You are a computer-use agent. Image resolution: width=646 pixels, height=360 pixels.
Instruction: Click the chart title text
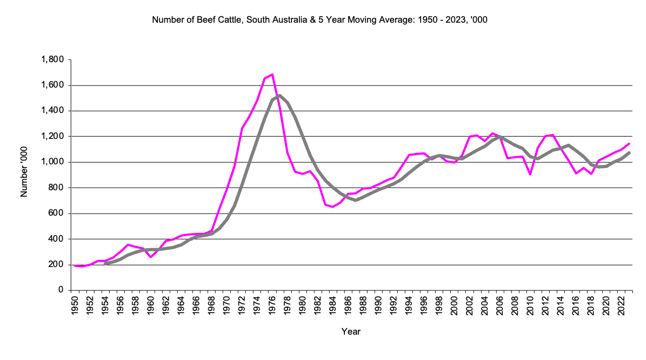pyautogui.click(x=323, y=21)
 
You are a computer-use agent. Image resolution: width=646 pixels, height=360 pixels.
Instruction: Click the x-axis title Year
pyautogui.click(x=351, y=331)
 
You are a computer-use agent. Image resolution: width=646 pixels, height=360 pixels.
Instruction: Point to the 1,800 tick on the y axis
pyautogui.click(x=52, y=59)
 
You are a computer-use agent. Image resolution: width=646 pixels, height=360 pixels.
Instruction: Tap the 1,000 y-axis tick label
pyautogui.click(x=52, y=162)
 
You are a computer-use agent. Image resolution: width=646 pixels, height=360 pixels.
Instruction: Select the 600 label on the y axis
pyautogui.click(x=56, y=214)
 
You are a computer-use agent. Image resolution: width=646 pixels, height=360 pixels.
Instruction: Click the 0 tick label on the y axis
pyautogui.click(x=61, y=290)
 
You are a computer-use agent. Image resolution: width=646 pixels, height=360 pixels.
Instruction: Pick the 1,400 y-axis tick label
pyautogui.click(x=52, y=111)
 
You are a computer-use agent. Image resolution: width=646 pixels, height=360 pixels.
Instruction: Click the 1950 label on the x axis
pyautogui.click(x=75, y=304)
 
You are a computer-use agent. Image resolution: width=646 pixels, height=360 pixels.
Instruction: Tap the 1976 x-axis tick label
pyautogui.click(x=272, y=304)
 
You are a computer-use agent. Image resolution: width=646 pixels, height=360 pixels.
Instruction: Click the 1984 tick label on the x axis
pyautogui.click(x=333, y=304)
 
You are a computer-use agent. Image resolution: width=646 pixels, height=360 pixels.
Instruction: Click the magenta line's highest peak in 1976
pyautogui.click(x=272, y=74)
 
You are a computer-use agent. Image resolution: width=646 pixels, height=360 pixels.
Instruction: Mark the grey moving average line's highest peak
pyautogui.click(x=279, y=96)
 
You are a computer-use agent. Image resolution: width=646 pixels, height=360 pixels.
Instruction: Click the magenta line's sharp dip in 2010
pyautogui.click(x=530, y=174)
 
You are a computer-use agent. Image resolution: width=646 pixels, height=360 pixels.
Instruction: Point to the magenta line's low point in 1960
pyautogui.click(x=151, y=257)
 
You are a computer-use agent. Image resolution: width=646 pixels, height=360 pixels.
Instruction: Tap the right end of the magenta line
pyautogui.click(x=629, y=144)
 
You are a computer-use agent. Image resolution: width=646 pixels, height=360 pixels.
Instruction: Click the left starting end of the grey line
pyautogui.click(x=105, y=264)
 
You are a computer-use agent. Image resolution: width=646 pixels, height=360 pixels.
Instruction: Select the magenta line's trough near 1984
pyautogui.click(x=333, y=206)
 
